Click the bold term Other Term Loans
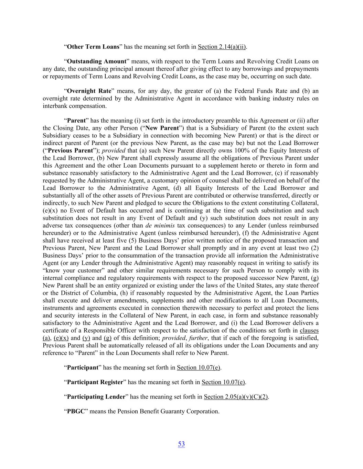pos(93,47)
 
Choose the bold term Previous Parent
pos(71,150)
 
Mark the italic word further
pos(198,338)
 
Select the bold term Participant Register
pos(95,382)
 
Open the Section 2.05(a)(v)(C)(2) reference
pos(236,397)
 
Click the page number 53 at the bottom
pos(181,444)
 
